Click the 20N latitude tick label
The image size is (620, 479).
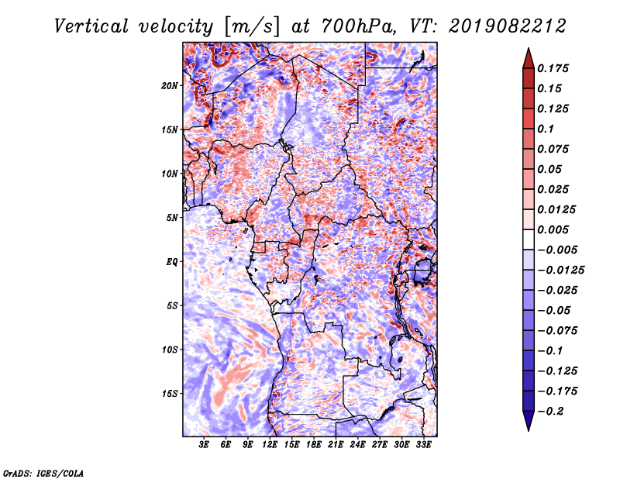(170, 86)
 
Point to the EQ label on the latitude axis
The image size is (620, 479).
(171, 262)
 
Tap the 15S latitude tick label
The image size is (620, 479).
(170, 394)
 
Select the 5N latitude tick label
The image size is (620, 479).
(172, 218)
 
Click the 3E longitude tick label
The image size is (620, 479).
(204, 445)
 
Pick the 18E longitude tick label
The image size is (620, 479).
(313, 445)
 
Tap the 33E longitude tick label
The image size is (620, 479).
(423, 445)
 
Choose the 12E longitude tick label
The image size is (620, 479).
(269, 445)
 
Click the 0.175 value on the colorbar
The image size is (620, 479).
(553, 68)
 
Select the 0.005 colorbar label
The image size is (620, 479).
(553, 229)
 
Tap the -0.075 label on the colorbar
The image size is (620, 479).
(557, 331)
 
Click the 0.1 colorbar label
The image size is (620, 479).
(546, 129)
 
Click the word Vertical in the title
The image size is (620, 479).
(91, 26)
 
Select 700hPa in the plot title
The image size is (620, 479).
(358, 26)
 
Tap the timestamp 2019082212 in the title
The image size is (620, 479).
(508, 26)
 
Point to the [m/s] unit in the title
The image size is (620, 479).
(252, 27)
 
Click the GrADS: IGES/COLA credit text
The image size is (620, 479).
(43, 473)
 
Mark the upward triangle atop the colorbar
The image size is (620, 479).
(529, 58)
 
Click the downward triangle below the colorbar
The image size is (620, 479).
(529, 421)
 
